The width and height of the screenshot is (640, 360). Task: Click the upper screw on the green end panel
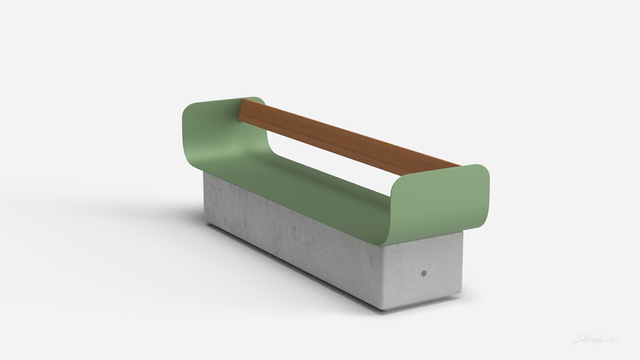(465, 174)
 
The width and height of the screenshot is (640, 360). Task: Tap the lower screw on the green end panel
(461, 189)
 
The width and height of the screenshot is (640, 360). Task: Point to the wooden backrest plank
(350, 137)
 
